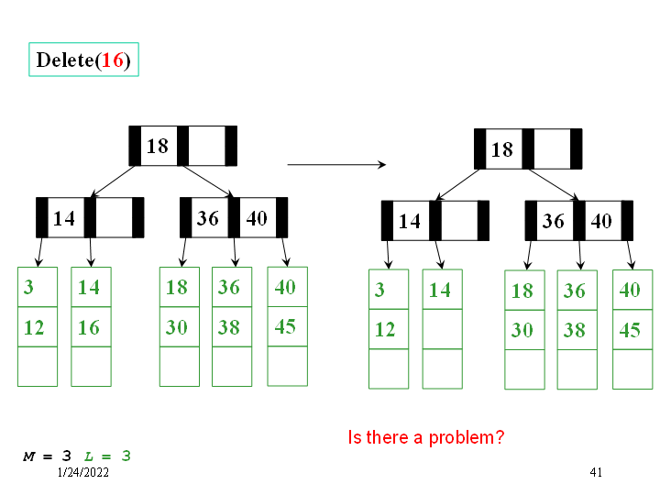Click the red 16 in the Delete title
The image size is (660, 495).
click(x=113, y=60)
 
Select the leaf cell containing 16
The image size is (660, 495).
click(x=90, y=327)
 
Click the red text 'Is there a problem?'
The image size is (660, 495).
click(x=426, y=437)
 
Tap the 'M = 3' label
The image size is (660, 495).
click(x=48, y=456)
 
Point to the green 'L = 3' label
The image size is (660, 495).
click(x=107, y=456)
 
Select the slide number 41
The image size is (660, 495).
click(x=596, y=472)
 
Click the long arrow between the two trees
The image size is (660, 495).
click(x=336, y=165)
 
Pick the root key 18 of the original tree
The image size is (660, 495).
click(x=158, y=146)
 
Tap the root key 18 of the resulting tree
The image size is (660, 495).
click(x=502, y=148)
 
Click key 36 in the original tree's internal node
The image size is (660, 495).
click(x=208, y=218)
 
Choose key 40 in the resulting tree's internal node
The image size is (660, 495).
click(x=601, y=221)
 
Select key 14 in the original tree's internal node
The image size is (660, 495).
click(x=64, y=218)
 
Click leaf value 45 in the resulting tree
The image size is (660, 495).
click(x=630, y=330)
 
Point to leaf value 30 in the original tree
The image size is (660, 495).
click(x=177, y=327)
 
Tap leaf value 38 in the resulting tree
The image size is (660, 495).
click(x=575, y=330)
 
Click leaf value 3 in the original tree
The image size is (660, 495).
click(x=28, y=287)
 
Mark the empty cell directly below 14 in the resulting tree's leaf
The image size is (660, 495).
click(x=441, y=329)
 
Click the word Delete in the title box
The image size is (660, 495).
click(x=64, y=60)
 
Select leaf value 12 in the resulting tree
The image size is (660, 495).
click(x=385, y=329)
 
